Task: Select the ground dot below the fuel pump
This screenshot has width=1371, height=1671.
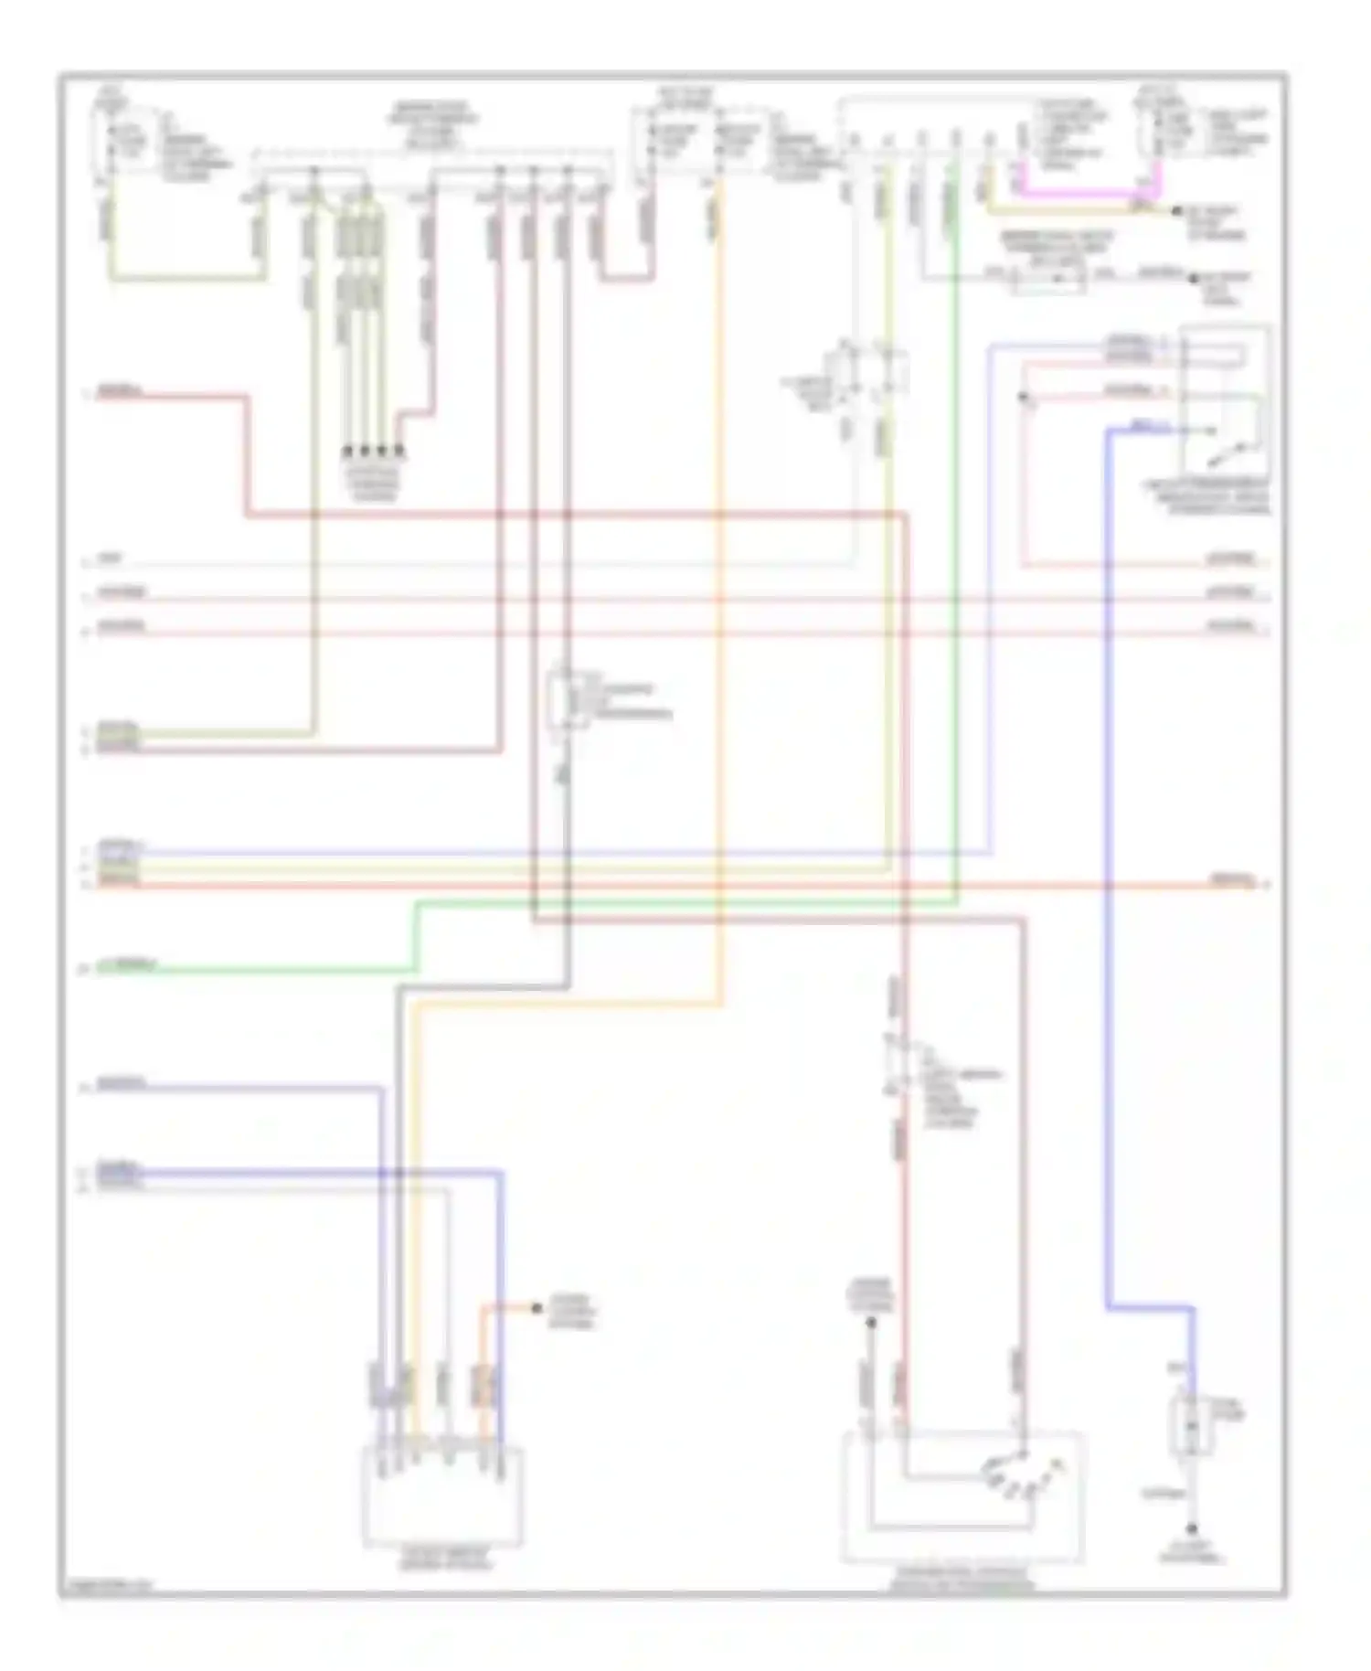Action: coord(1192,1529)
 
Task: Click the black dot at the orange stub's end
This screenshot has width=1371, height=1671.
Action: coord(537,1309)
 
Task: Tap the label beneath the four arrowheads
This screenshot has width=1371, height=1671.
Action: coord(374,480)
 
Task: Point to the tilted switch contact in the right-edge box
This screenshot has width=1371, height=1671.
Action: coord(1228,447)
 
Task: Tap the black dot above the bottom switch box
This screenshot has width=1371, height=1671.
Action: coord(871,1323)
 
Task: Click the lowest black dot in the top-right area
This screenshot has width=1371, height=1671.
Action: coord(1194,277)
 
